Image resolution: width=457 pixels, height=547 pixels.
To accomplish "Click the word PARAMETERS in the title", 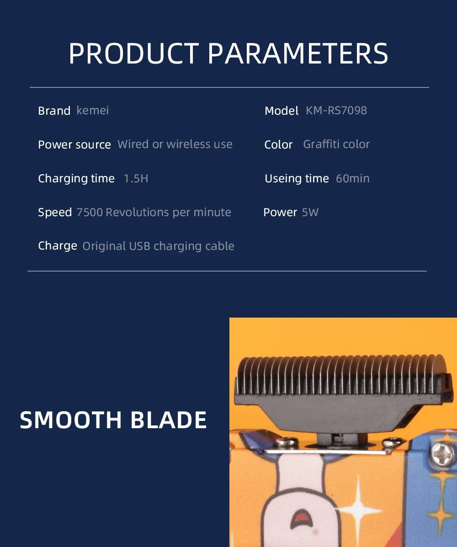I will [298, 54].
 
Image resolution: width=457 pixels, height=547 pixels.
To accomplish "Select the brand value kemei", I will [93, 111].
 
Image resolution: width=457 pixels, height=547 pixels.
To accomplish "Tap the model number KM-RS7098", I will [336, 111].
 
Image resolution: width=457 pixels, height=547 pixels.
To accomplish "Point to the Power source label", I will [74, 145].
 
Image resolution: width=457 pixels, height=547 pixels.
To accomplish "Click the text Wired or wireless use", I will [175, 144].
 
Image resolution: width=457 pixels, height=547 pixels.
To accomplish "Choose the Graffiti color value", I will [336, 144].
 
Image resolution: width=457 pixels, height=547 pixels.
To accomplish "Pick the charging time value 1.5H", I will [136, 179].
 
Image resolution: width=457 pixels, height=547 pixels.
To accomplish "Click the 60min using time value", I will [353, 179].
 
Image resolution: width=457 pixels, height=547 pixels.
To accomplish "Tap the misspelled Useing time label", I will [297, 179].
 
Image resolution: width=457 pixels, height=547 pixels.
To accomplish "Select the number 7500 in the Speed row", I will [90, 212].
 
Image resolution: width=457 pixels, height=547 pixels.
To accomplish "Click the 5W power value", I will [310, 212].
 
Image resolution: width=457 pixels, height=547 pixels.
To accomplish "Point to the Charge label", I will [58, 246].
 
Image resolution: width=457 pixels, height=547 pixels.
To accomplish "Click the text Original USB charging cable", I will [158, 246].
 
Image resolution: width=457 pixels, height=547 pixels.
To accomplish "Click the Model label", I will [281, 111].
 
